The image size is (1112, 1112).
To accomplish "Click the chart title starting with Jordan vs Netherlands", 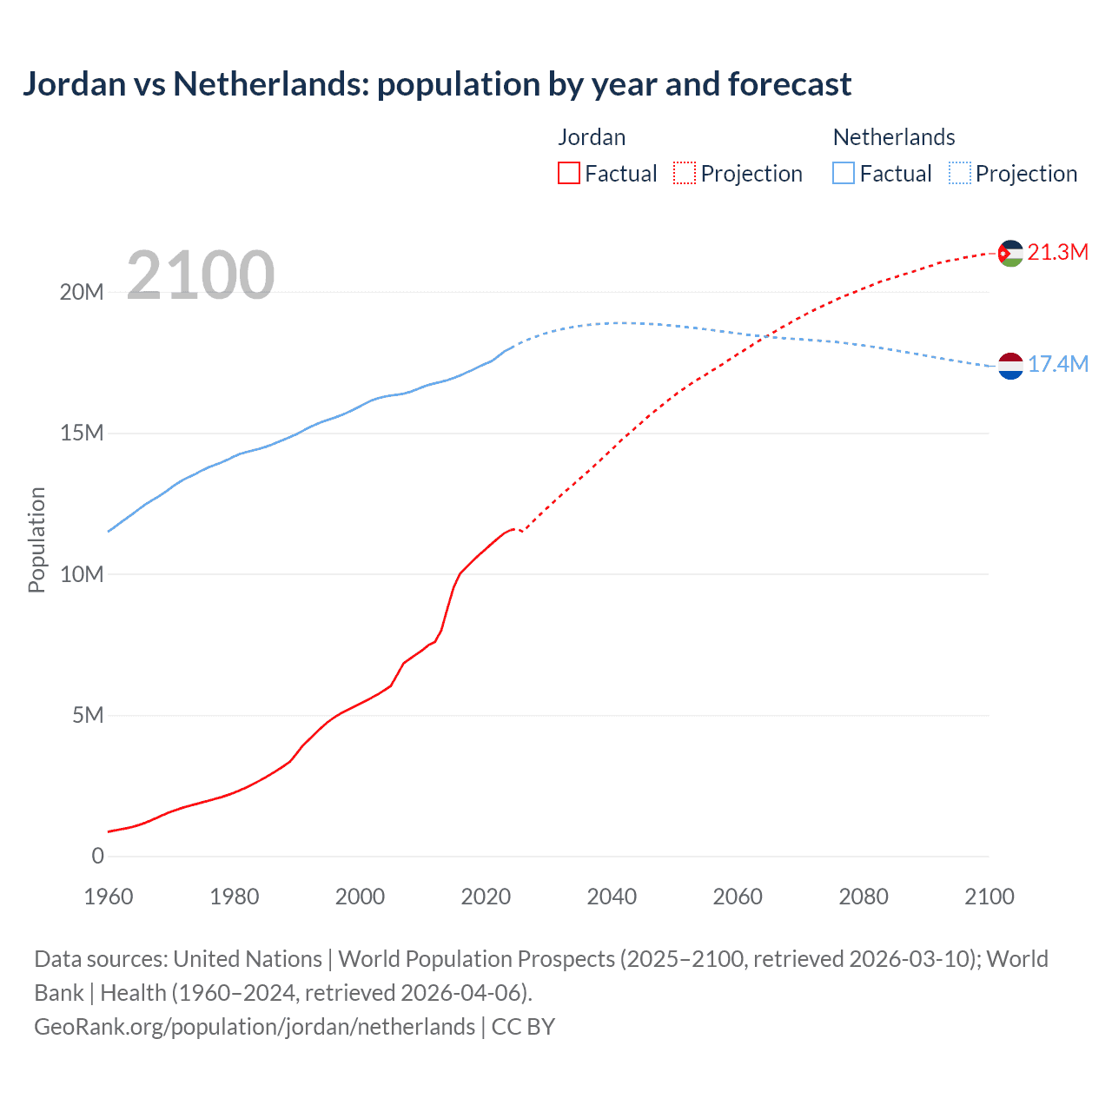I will (437, 84).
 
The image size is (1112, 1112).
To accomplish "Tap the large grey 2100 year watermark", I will (201, 275).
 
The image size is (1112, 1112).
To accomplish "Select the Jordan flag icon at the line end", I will (1010, 253).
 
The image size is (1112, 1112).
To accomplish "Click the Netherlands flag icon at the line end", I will (1010, 367).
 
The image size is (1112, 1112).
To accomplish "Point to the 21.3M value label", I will (1057, 253).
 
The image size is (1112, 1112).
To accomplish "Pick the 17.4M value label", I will (1057, 364).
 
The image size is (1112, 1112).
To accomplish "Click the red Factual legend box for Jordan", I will (569, 174).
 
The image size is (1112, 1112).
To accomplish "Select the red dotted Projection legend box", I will (685, 174).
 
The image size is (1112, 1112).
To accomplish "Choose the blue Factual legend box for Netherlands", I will (844, 174).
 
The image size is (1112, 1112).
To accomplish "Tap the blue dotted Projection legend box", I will (960, 174).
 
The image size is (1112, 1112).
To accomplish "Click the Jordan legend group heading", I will (592, 137).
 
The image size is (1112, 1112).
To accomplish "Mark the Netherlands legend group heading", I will (894, 137).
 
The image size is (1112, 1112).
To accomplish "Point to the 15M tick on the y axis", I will (82, 433).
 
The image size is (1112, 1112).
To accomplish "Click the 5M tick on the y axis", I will (88, 715).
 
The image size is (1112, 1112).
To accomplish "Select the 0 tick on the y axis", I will (97, 856).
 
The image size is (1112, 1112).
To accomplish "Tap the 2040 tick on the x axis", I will (612, 897).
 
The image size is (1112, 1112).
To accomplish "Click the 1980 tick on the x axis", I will (235, 897).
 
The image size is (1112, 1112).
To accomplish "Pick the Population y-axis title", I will (36, 539).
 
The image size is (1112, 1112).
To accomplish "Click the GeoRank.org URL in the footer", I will (255, 1027).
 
